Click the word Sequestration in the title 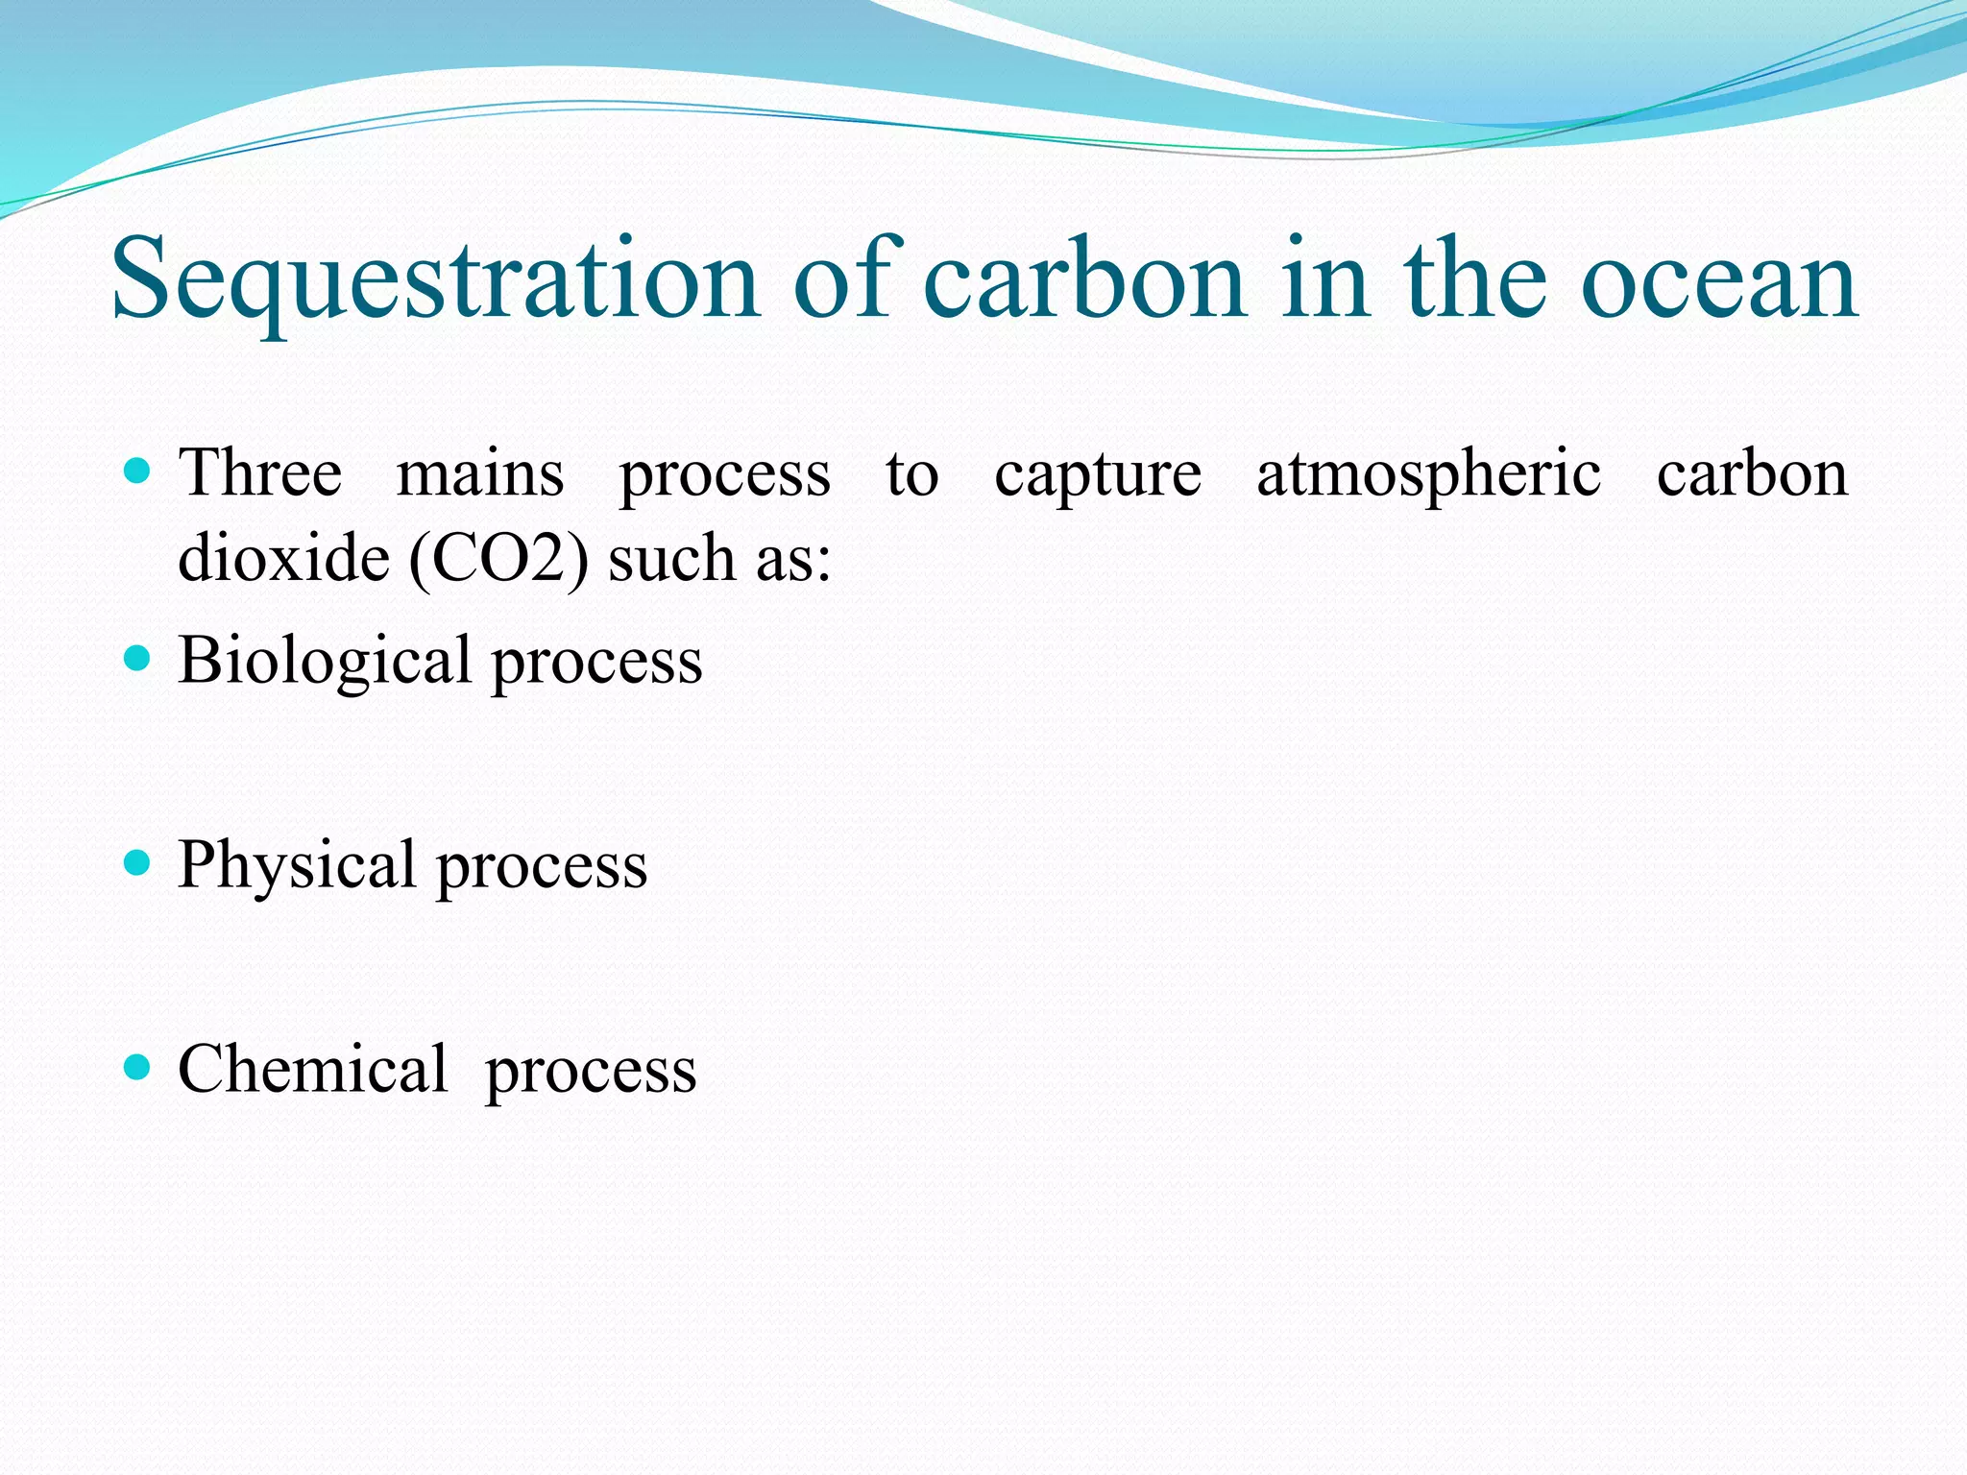(x=435, y=280)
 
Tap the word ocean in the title (x=1718, y=280)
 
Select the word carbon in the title (x=1084, y=280)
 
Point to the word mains (x=480, y=473)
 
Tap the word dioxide (x=283, y=558)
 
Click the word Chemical (x=312, y=1069)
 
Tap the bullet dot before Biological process (x=138, y=658)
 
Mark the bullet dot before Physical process (x=138, y=862)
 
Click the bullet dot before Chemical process (x=138, y=1066)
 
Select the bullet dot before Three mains (x=138, y=471)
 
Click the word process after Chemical (x=591, y=1073)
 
